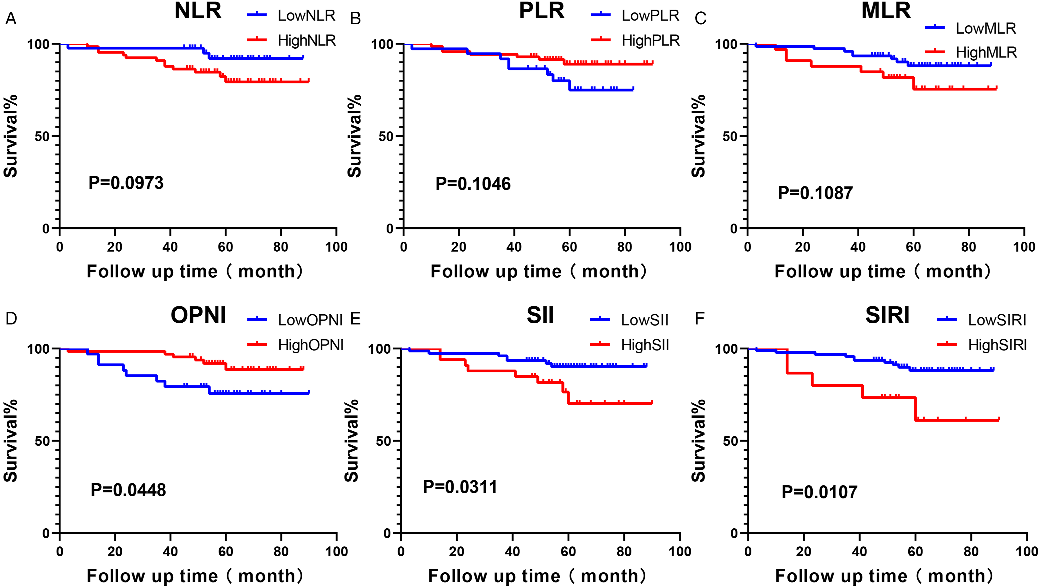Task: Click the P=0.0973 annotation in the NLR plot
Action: pos(126,183)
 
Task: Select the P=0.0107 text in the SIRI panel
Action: pos(819,492)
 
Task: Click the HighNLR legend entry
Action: pos(291,40)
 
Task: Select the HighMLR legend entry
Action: pos(971,52)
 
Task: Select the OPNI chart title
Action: pos(198,315)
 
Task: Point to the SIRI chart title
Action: pos(887,315)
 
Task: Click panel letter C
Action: pos(700,18)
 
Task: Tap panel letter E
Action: pos(355,319)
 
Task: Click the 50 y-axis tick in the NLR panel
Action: pos(42,136)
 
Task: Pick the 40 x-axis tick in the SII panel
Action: pos(512,551)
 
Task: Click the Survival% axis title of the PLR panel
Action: pos(354,136)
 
